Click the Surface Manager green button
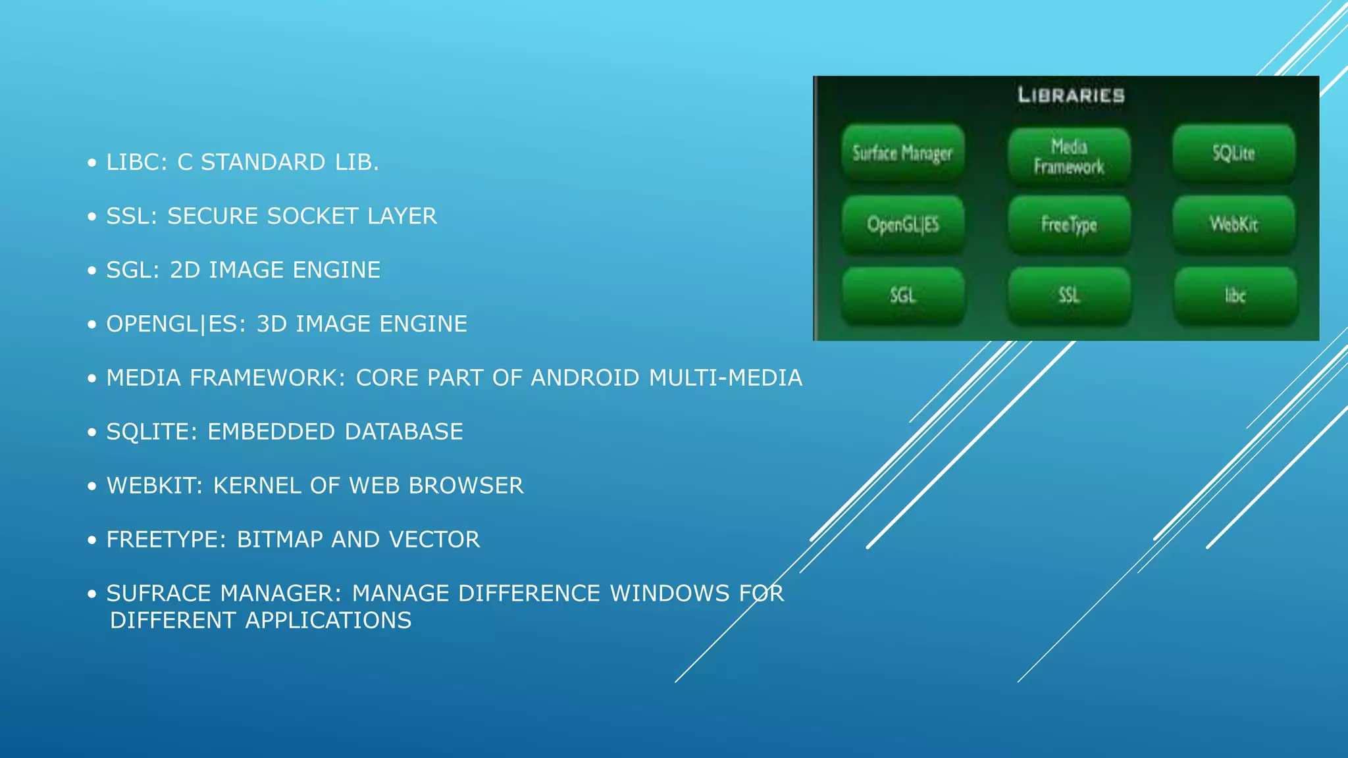pos(902,153)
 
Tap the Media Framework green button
pos(1069,156)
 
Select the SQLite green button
pos(1233,153)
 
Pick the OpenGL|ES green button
pos(902,224)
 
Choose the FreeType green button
pos(1069,224)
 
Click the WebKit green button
pos(1233,224)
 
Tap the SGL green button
pos(902,295)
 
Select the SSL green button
pos(1069,295)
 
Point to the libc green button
pos(1235,295)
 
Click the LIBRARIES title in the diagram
pos(1071,95)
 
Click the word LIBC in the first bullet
pos(136,163)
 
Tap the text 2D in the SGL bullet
pos(185,270)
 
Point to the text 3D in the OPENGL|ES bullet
pos(271,324)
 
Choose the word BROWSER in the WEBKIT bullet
pos(466,486)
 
